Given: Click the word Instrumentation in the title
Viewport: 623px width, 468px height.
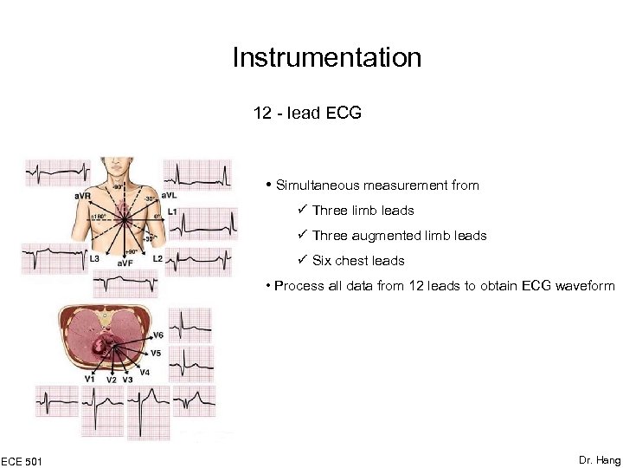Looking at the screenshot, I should point(327,58).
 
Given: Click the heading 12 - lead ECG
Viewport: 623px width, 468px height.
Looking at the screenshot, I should point(307,114).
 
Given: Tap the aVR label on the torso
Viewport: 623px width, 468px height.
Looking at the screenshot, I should point(83,197).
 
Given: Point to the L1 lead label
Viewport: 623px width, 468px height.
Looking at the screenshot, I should point(172,211).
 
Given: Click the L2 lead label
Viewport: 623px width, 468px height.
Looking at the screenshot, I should point(157,258).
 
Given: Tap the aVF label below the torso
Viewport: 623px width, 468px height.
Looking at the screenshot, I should point(125,263).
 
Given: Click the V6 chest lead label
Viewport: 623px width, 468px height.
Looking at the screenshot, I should point(157,335).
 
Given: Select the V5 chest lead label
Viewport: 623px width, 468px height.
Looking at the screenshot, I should point(156,353).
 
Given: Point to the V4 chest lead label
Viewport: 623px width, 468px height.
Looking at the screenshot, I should point(144,372).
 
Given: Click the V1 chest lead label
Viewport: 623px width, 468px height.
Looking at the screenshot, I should point(89,379).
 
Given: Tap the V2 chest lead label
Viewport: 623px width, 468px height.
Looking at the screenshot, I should point(112,380).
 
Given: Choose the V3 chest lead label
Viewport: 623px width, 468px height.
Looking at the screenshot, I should point(127,380).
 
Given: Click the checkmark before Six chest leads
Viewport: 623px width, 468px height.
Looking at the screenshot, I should point(302,261).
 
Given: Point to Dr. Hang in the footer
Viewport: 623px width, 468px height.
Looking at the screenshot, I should point(599,460).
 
